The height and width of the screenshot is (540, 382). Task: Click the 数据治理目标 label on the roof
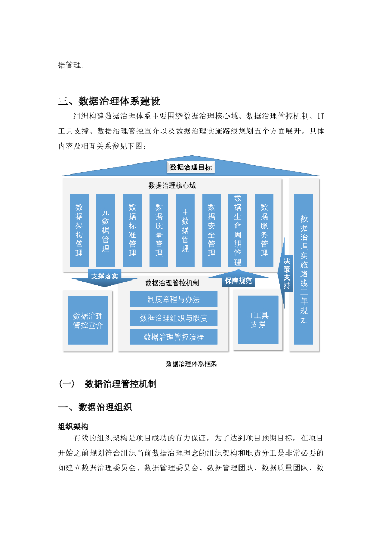point(191,167)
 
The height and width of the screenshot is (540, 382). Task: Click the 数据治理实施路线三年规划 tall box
point(303,268)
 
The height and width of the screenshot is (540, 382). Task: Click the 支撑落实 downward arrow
point(104,277)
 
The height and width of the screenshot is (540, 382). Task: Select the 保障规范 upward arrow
point(238,280)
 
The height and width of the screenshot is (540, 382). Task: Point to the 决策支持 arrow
point(286,273)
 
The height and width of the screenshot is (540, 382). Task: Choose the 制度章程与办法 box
point(174,299)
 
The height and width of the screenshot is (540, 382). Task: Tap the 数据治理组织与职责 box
point(174,318)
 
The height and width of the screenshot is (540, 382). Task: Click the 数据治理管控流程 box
point(174,336)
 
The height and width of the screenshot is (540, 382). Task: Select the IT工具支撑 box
point(258,320)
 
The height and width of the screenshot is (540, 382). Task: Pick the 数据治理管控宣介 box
point(88,321)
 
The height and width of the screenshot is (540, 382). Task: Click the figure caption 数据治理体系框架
point(191,363)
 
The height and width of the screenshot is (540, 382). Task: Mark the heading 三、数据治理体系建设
point(109,101)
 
